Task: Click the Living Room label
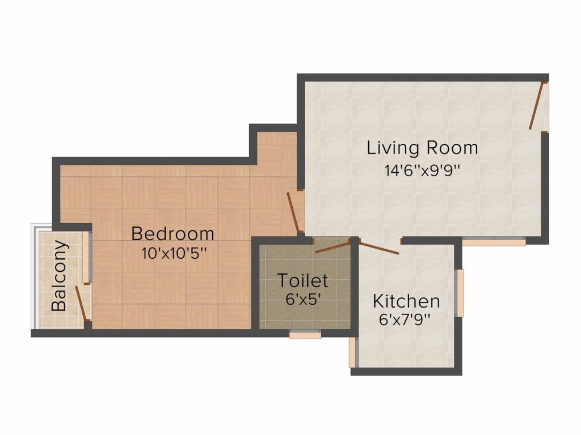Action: coord(422,148)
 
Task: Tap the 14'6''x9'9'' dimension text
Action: coord(422,170)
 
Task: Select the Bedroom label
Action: coord(172,234)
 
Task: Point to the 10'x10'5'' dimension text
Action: coord(173,254)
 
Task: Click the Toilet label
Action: coord(303,280)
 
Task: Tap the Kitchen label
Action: coord(406,301)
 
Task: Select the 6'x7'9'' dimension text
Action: coord(406,319)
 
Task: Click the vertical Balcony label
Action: coord(59,276)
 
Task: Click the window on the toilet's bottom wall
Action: coord(305,334)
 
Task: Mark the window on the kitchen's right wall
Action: coord(460,293)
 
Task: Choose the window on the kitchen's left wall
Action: coord(353,352)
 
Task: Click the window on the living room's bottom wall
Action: coord(494,241)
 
